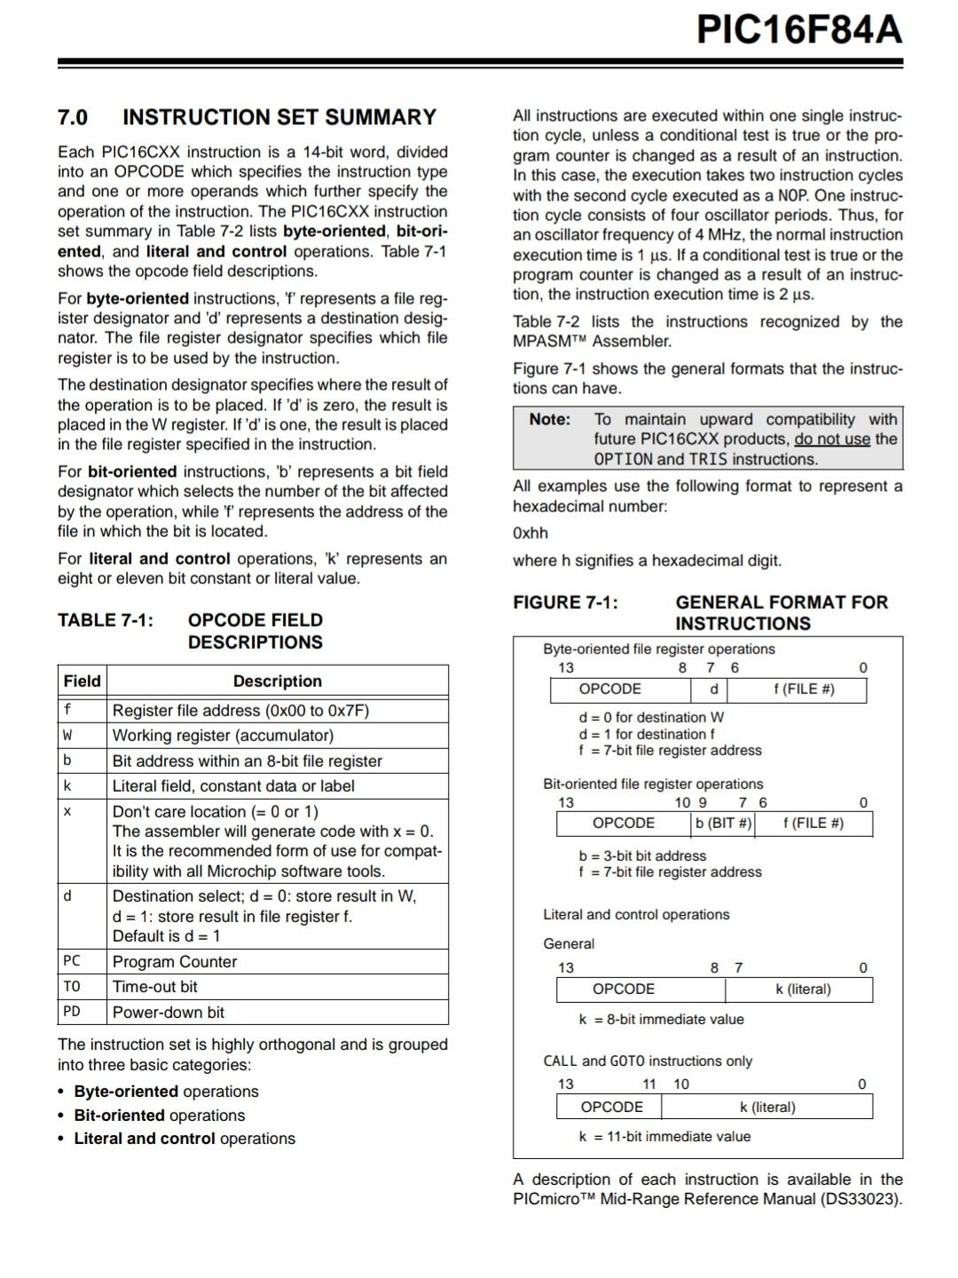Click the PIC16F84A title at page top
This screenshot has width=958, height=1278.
click(x=798, y=30)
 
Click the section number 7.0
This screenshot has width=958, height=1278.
click(x=73, y=117)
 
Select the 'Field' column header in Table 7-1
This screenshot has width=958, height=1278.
click(x=82, y=681)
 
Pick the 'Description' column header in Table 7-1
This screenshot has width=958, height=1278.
click(x=277, y=681)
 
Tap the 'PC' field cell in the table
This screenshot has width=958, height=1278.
click(x=72, y=960)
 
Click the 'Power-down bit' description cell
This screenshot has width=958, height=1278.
click(x=169, y=1012)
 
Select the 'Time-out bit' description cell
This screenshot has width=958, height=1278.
click(x=155, y=986)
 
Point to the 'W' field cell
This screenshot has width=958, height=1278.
click(x=67, y=735)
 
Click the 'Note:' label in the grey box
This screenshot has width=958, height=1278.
click(x=550, y=419)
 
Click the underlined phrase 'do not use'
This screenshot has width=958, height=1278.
click(x=832, y=438)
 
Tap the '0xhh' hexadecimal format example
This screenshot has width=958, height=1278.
click(x=530, y=532)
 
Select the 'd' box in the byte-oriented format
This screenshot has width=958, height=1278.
click(x=714, y=689)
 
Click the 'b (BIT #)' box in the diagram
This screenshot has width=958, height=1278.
click(x=723, y=823)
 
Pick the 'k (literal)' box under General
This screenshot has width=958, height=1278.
click(x=803, y=989)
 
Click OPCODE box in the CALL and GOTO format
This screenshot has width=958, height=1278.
click(x=611, y=1107)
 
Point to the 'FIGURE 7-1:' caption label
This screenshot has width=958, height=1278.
click(x=565, y=602)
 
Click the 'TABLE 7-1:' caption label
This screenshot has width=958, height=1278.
click(x=106, y=619)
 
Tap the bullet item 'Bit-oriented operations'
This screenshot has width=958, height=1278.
click(x=160, y=1115)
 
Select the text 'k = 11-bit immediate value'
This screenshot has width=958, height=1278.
click(x=664, y=1136)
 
